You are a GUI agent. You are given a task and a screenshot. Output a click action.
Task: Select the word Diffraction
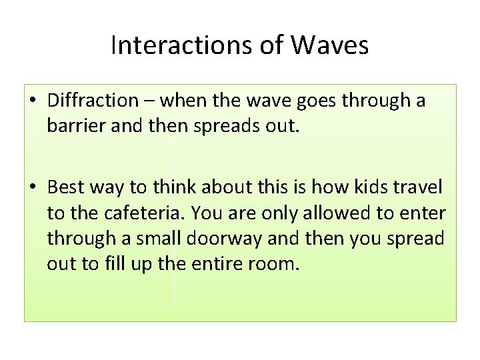point(91,101)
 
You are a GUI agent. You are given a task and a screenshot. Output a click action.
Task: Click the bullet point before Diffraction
point(33,101)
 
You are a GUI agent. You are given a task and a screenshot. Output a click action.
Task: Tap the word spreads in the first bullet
point(223,127)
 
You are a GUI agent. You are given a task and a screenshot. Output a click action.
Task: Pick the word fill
point(112,264)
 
